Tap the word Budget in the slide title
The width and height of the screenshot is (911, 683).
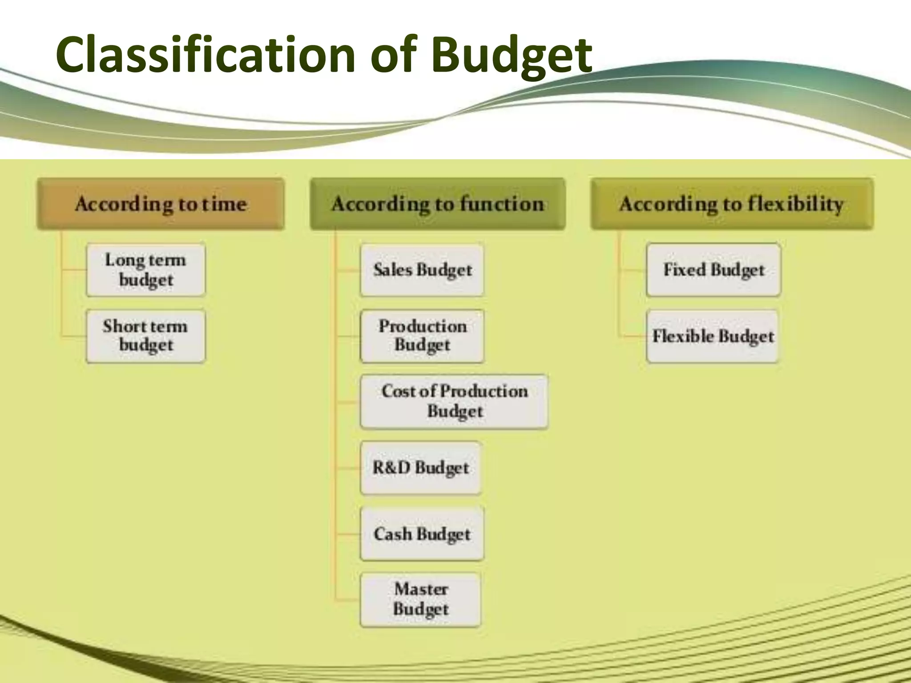pyautogui.click(x=512, y=56)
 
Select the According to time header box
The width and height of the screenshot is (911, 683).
pyautogui.click(x=161, y=204)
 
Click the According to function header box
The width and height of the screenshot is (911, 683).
pyautogui.click(x=438, y=204)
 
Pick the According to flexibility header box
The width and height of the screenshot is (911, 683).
pyautogui.click(x=732, y=204)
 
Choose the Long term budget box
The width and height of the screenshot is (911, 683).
pyautogui.click(x=146, y=270)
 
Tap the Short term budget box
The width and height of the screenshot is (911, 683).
pyautogui.click(x=146, y=336)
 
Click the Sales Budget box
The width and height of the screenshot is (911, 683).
pyautogui.click(x=422, y=270)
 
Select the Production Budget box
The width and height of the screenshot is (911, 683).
pyautogui.click(x=422, y=336)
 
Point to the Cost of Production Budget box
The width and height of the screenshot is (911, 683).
pyautogui.click(x=454, y=402)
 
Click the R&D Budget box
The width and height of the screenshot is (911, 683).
pyautogui.click(x=420, y=468)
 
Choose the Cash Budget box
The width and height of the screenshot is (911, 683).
pyautogui.click(x=422, y=534)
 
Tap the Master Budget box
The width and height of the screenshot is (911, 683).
pyautogui.click(x=420, y=599)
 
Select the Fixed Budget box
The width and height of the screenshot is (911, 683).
pyautogui.click(x=713, y=270)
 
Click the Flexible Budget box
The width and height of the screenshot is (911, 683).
pyautogui.click(x=713, y=336)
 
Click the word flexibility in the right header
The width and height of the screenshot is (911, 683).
pyautogui.click(x=795, y=204)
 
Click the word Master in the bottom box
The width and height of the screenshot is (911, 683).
pyautogui.click(x=421, y=589)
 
